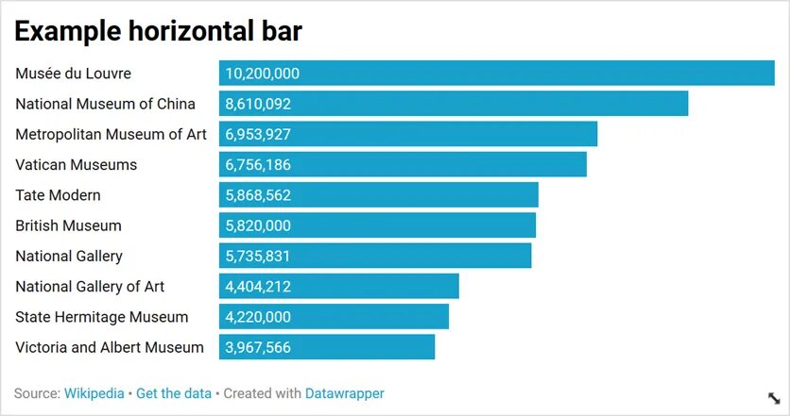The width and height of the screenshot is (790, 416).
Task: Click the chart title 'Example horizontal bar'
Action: click(158, 31)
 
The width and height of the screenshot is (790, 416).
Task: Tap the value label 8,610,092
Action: click(258, 104)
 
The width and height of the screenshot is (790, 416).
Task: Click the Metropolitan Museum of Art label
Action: click(111, 134)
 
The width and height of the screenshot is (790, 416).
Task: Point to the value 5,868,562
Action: click(258, 195)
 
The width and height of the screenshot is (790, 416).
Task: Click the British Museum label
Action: click(68, 225)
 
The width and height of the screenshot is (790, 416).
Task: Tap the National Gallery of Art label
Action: click(90, 286)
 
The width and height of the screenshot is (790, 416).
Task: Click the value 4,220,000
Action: click(258, 317)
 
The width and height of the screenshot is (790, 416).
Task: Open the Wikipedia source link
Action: click(94, 393)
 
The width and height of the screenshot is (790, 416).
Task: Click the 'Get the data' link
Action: click(174, 393)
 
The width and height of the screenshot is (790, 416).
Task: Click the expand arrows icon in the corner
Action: click(773, 398)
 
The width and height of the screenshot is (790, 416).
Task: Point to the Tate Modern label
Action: click(58, 195)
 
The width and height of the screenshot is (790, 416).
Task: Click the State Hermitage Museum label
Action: click(102, 317)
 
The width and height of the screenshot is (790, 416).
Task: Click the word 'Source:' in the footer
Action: click(37, 393)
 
